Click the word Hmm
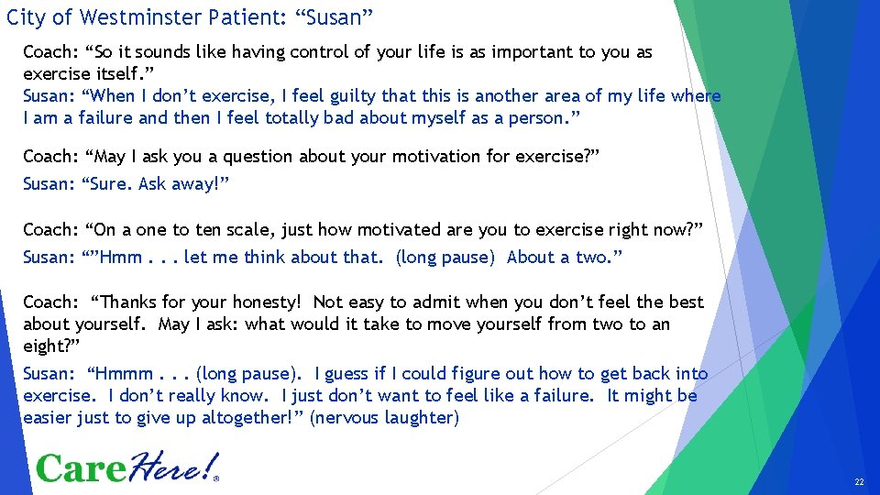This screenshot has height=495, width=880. click(x=121, y=258)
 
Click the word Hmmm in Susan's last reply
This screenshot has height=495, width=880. click(x=121, y=374)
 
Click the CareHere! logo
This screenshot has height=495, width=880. click(x=127, y=467)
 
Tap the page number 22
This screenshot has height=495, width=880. click(x=859, y=481)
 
